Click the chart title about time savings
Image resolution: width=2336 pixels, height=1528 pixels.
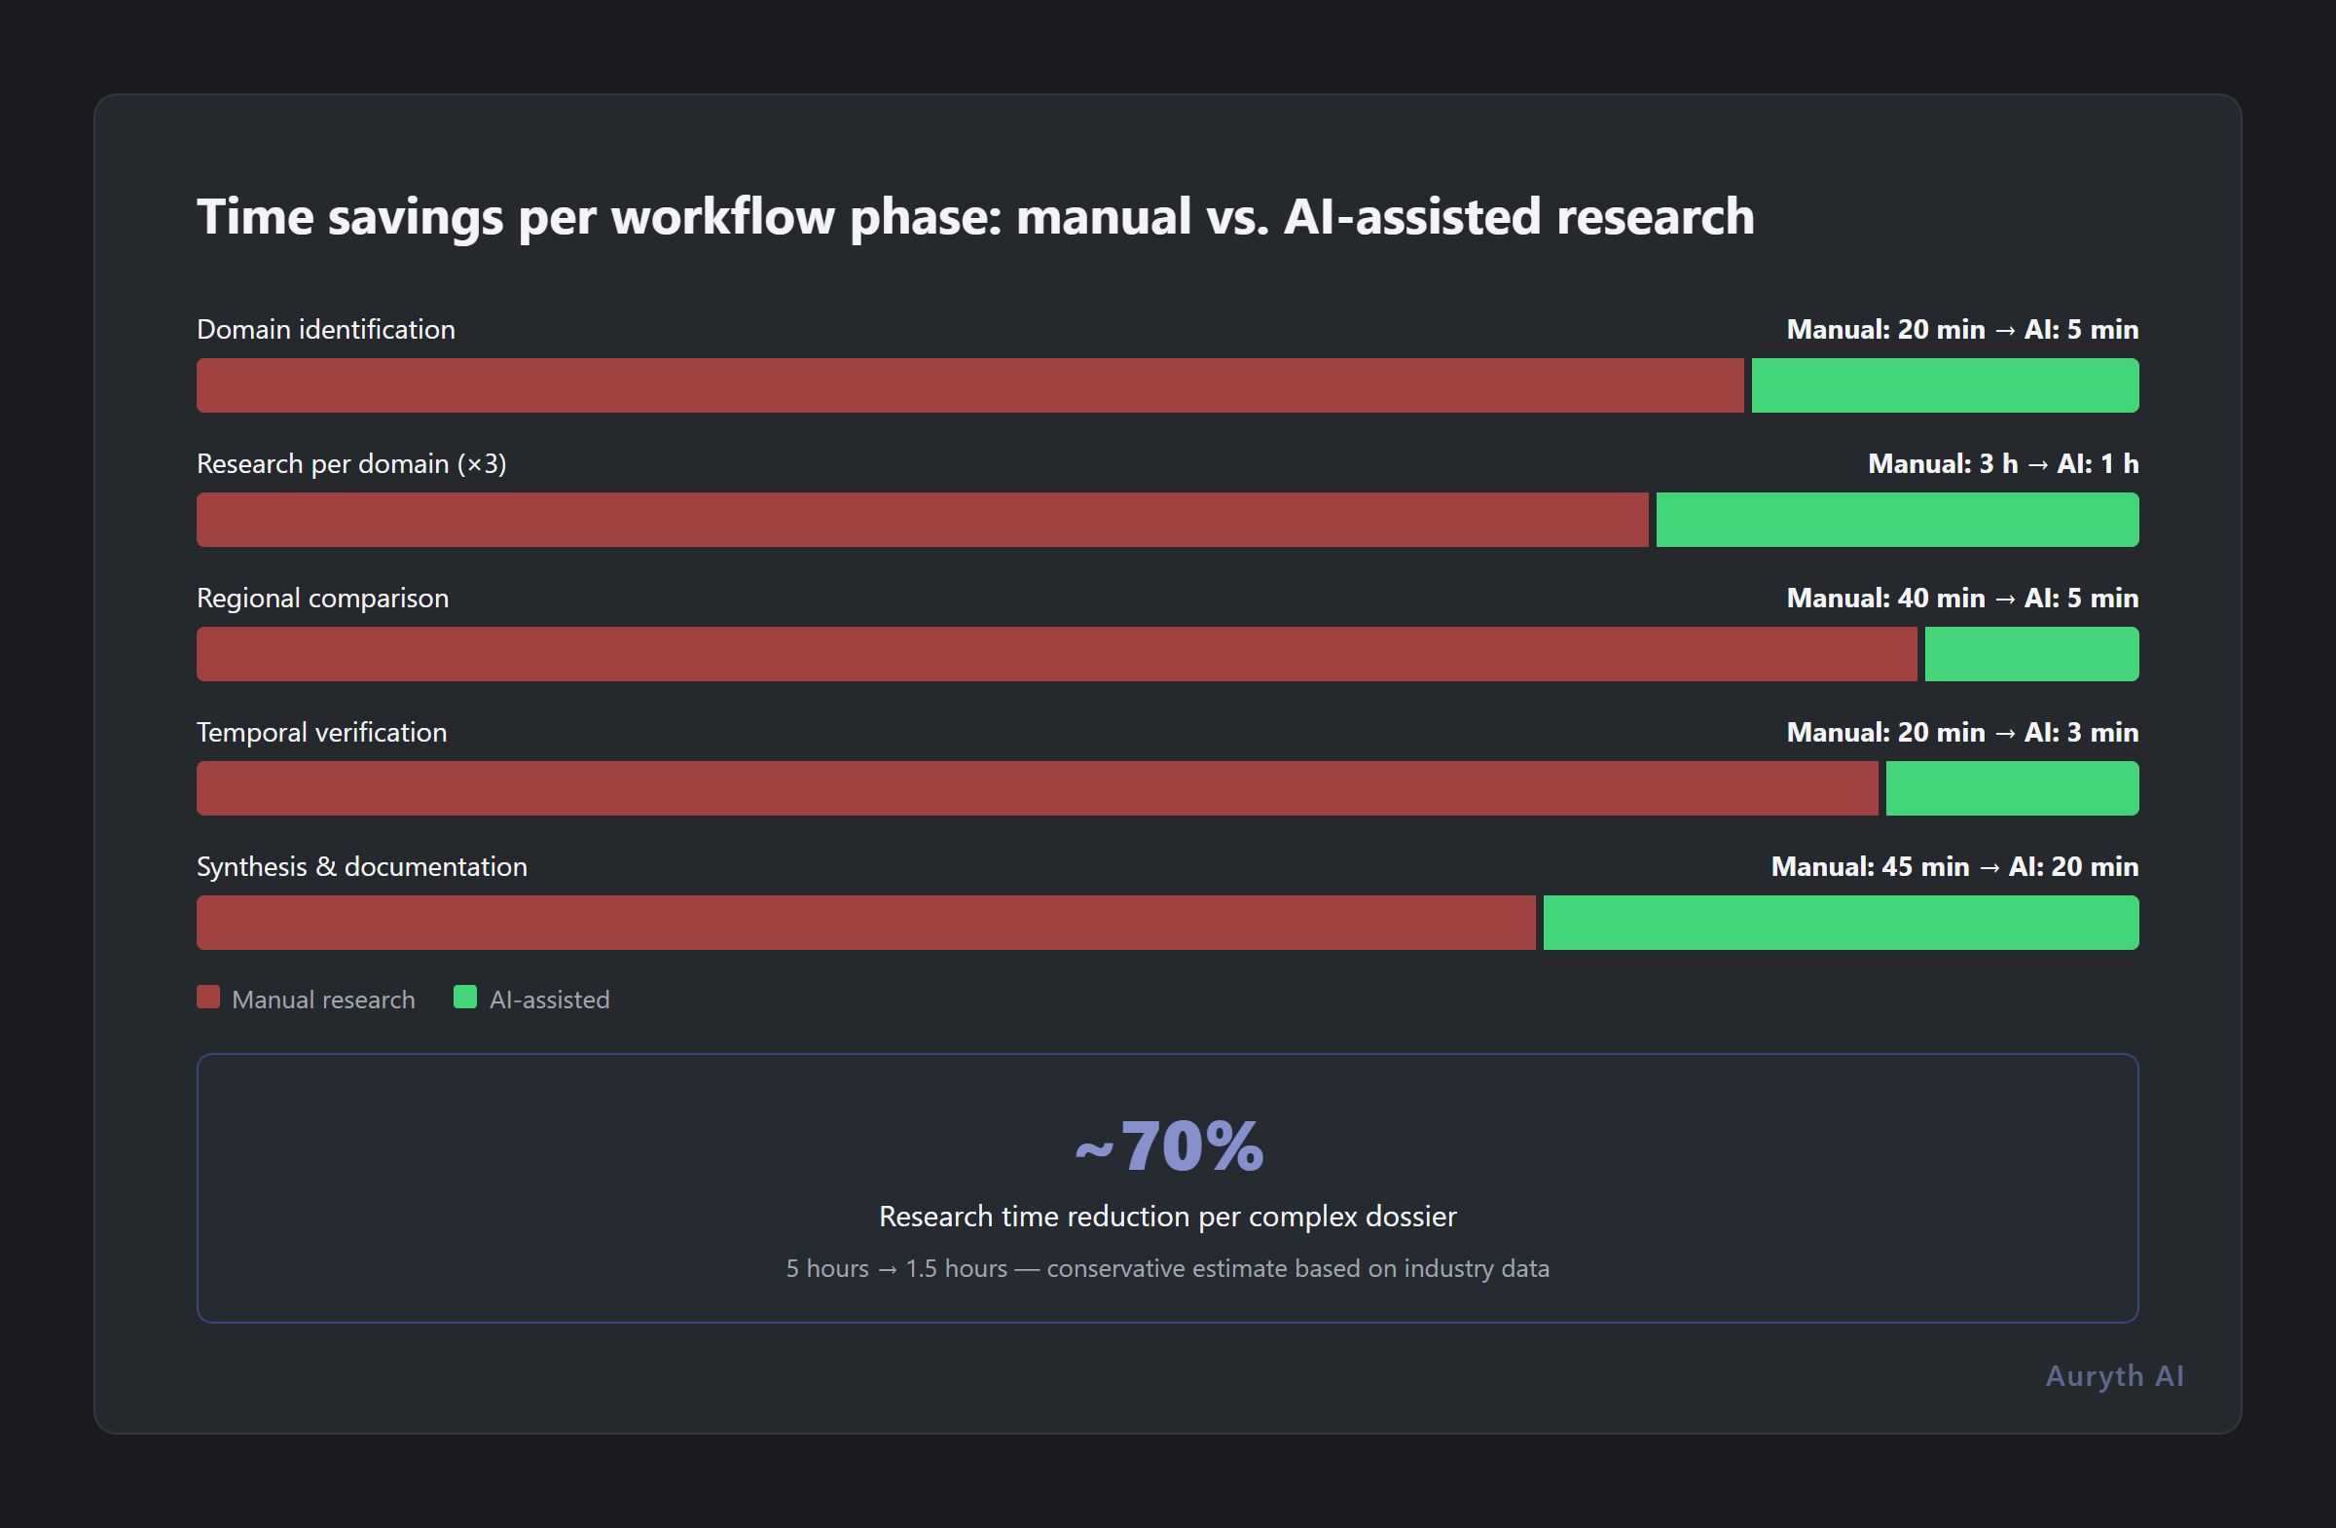(x=974, y=217)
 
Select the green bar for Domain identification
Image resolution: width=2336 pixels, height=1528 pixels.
(x=1945, y=385)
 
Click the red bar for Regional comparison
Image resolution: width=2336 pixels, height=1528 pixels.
(x=1056, y=655)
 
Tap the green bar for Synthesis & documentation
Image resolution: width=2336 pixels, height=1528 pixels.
(x=1841, y=923)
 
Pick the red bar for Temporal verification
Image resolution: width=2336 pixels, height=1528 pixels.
(x=1037, y=789)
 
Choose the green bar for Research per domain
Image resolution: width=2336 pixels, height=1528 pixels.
(x=1896, y=520)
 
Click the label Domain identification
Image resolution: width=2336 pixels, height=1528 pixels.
(x=326, y=330)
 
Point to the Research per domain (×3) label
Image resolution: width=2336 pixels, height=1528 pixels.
(x=351, y=464)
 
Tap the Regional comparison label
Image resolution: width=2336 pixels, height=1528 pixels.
(x=323, y=599)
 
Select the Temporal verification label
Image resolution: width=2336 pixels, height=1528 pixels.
(x=322, y=733)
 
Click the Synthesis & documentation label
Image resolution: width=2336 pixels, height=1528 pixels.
(x=362, y=867)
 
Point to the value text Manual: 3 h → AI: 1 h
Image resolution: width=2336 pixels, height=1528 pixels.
(x=2002, y=464)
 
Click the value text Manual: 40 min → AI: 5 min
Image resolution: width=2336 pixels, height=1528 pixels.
(x=1962, y=599)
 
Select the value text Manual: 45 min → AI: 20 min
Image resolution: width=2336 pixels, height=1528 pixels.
(x=1954, y=867)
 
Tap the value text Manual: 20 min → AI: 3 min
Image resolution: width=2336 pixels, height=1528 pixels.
(x=1962, y=733)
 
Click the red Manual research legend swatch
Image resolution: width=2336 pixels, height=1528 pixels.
(x=208, y=998)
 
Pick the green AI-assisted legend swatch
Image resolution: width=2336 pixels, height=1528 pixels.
(x=465, y=998)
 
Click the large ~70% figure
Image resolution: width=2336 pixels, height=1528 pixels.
(x=1168, y=1146)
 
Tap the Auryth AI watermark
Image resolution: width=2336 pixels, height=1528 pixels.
(x=2114, y=1376)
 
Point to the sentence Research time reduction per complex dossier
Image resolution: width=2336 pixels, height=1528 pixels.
(x=1168, y=1217)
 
